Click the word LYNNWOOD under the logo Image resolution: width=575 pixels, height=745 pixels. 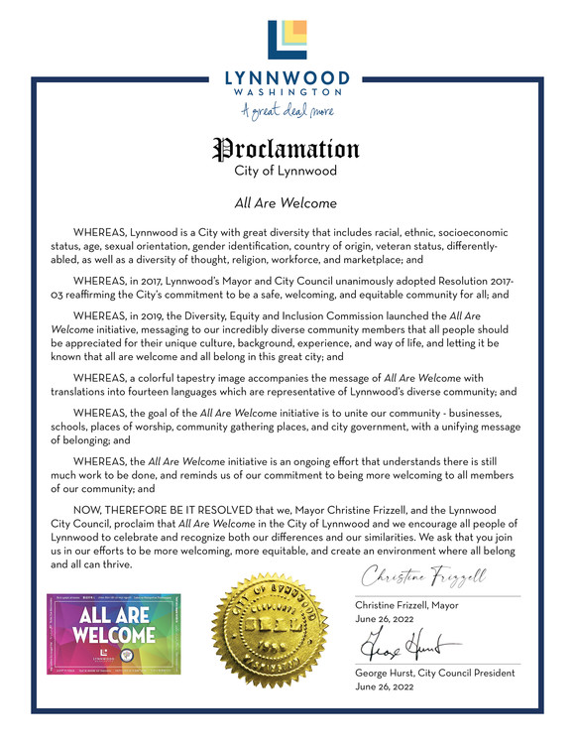[287, 76]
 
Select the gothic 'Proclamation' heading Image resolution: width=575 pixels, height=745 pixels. [287, 150]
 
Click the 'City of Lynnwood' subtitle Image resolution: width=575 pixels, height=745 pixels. [287, 171]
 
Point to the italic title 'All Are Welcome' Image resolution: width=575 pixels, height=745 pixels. [287, 203]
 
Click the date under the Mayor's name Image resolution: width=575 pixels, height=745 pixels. [386, 619]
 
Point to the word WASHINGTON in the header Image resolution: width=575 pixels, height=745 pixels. [287, 91]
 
